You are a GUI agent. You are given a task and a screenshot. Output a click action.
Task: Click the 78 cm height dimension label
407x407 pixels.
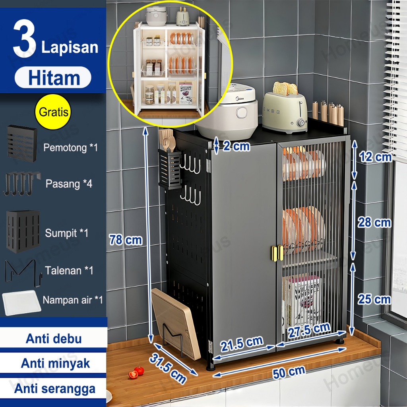[126, 240]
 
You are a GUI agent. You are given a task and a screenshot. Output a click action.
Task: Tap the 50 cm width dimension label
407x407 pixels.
[289, 373]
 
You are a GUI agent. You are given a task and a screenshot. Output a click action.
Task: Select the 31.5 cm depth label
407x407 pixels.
[168, 368]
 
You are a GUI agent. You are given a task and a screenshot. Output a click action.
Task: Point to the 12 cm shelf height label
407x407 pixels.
[375, 157]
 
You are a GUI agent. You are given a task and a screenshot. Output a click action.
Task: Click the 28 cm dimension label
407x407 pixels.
[374, 223]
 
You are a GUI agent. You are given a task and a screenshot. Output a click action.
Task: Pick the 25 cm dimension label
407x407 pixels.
[374, 299]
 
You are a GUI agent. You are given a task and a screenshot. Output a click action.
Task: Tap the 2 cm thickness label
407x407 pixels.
[236, 146]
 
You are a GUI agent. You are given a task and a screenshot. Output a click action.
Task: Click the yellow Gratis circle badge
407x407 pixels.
[53, 112]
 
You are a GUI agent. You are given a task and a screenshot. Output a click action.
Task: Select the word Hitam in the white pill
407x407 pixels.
[54, 78]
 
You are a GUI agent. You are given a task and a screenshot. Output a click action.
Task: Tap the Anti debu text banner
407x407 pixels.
[54, 339]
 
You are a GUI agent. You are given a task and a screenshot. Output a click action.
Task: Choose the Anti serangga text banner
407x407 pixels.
[55, 389]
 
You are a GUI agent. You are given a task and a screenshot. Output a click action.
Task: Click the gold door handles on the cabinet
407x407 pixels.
[277, 253]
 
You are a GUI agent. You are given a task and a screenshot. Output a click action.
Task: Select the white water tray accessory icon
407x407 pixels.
[21, 302]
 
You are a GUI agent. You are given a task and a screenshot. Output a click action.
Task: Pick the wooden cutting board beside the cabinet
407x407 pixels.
[176, 324]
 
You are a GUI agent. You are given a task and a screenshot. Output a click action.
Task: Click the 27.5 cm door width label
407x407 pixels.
[309, 330]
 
